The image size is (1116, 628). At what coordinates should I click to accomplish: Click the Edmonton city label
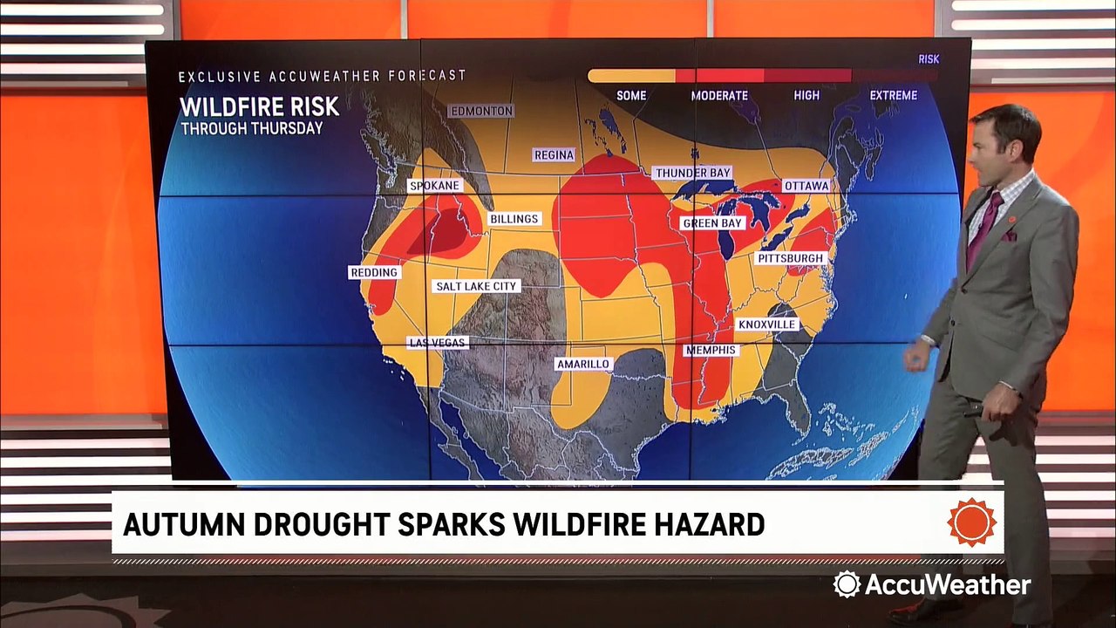point(480,111)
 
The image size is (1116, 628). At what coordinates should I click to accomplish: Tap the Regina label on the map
point(554,155)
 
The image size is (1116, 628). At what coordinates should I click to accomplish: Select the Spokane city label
point(434,186)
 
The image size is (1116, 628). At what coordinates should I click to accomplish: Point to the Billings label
point(514,219)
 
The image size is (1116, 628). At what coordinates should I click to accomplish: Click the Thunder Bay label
point(693,174)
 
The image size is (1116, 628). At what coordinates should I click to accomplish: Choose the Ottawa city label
point(806,186)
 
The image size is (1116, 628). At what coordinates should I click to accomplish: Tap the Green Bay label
point(712,223)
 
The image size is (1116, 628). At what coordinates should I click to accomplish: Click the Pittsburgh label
point(791,259)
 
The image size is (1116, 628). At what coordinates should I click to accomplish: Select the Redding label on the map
point(374,273)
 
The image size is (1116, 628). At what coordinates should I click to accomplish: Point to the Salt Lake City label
point(477,286)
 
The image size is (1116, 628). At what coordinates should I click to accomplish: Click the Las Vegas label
point(438,343)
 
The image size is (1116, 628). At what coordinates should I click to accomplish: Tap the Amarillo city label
point(583,364)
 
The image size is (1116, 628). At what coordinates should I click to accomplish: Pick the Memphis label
point(711,351)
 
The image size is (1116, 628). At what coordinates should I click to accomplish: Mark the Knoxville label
point(767,324)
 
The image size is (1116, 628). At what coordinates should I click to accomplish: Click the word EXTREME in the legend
point(893,95)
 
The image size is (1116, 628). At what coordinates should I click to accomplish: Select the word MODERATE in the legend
point(719,95)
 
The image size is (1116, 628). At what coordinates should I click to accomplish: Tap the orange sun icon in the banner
point(971,522)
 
